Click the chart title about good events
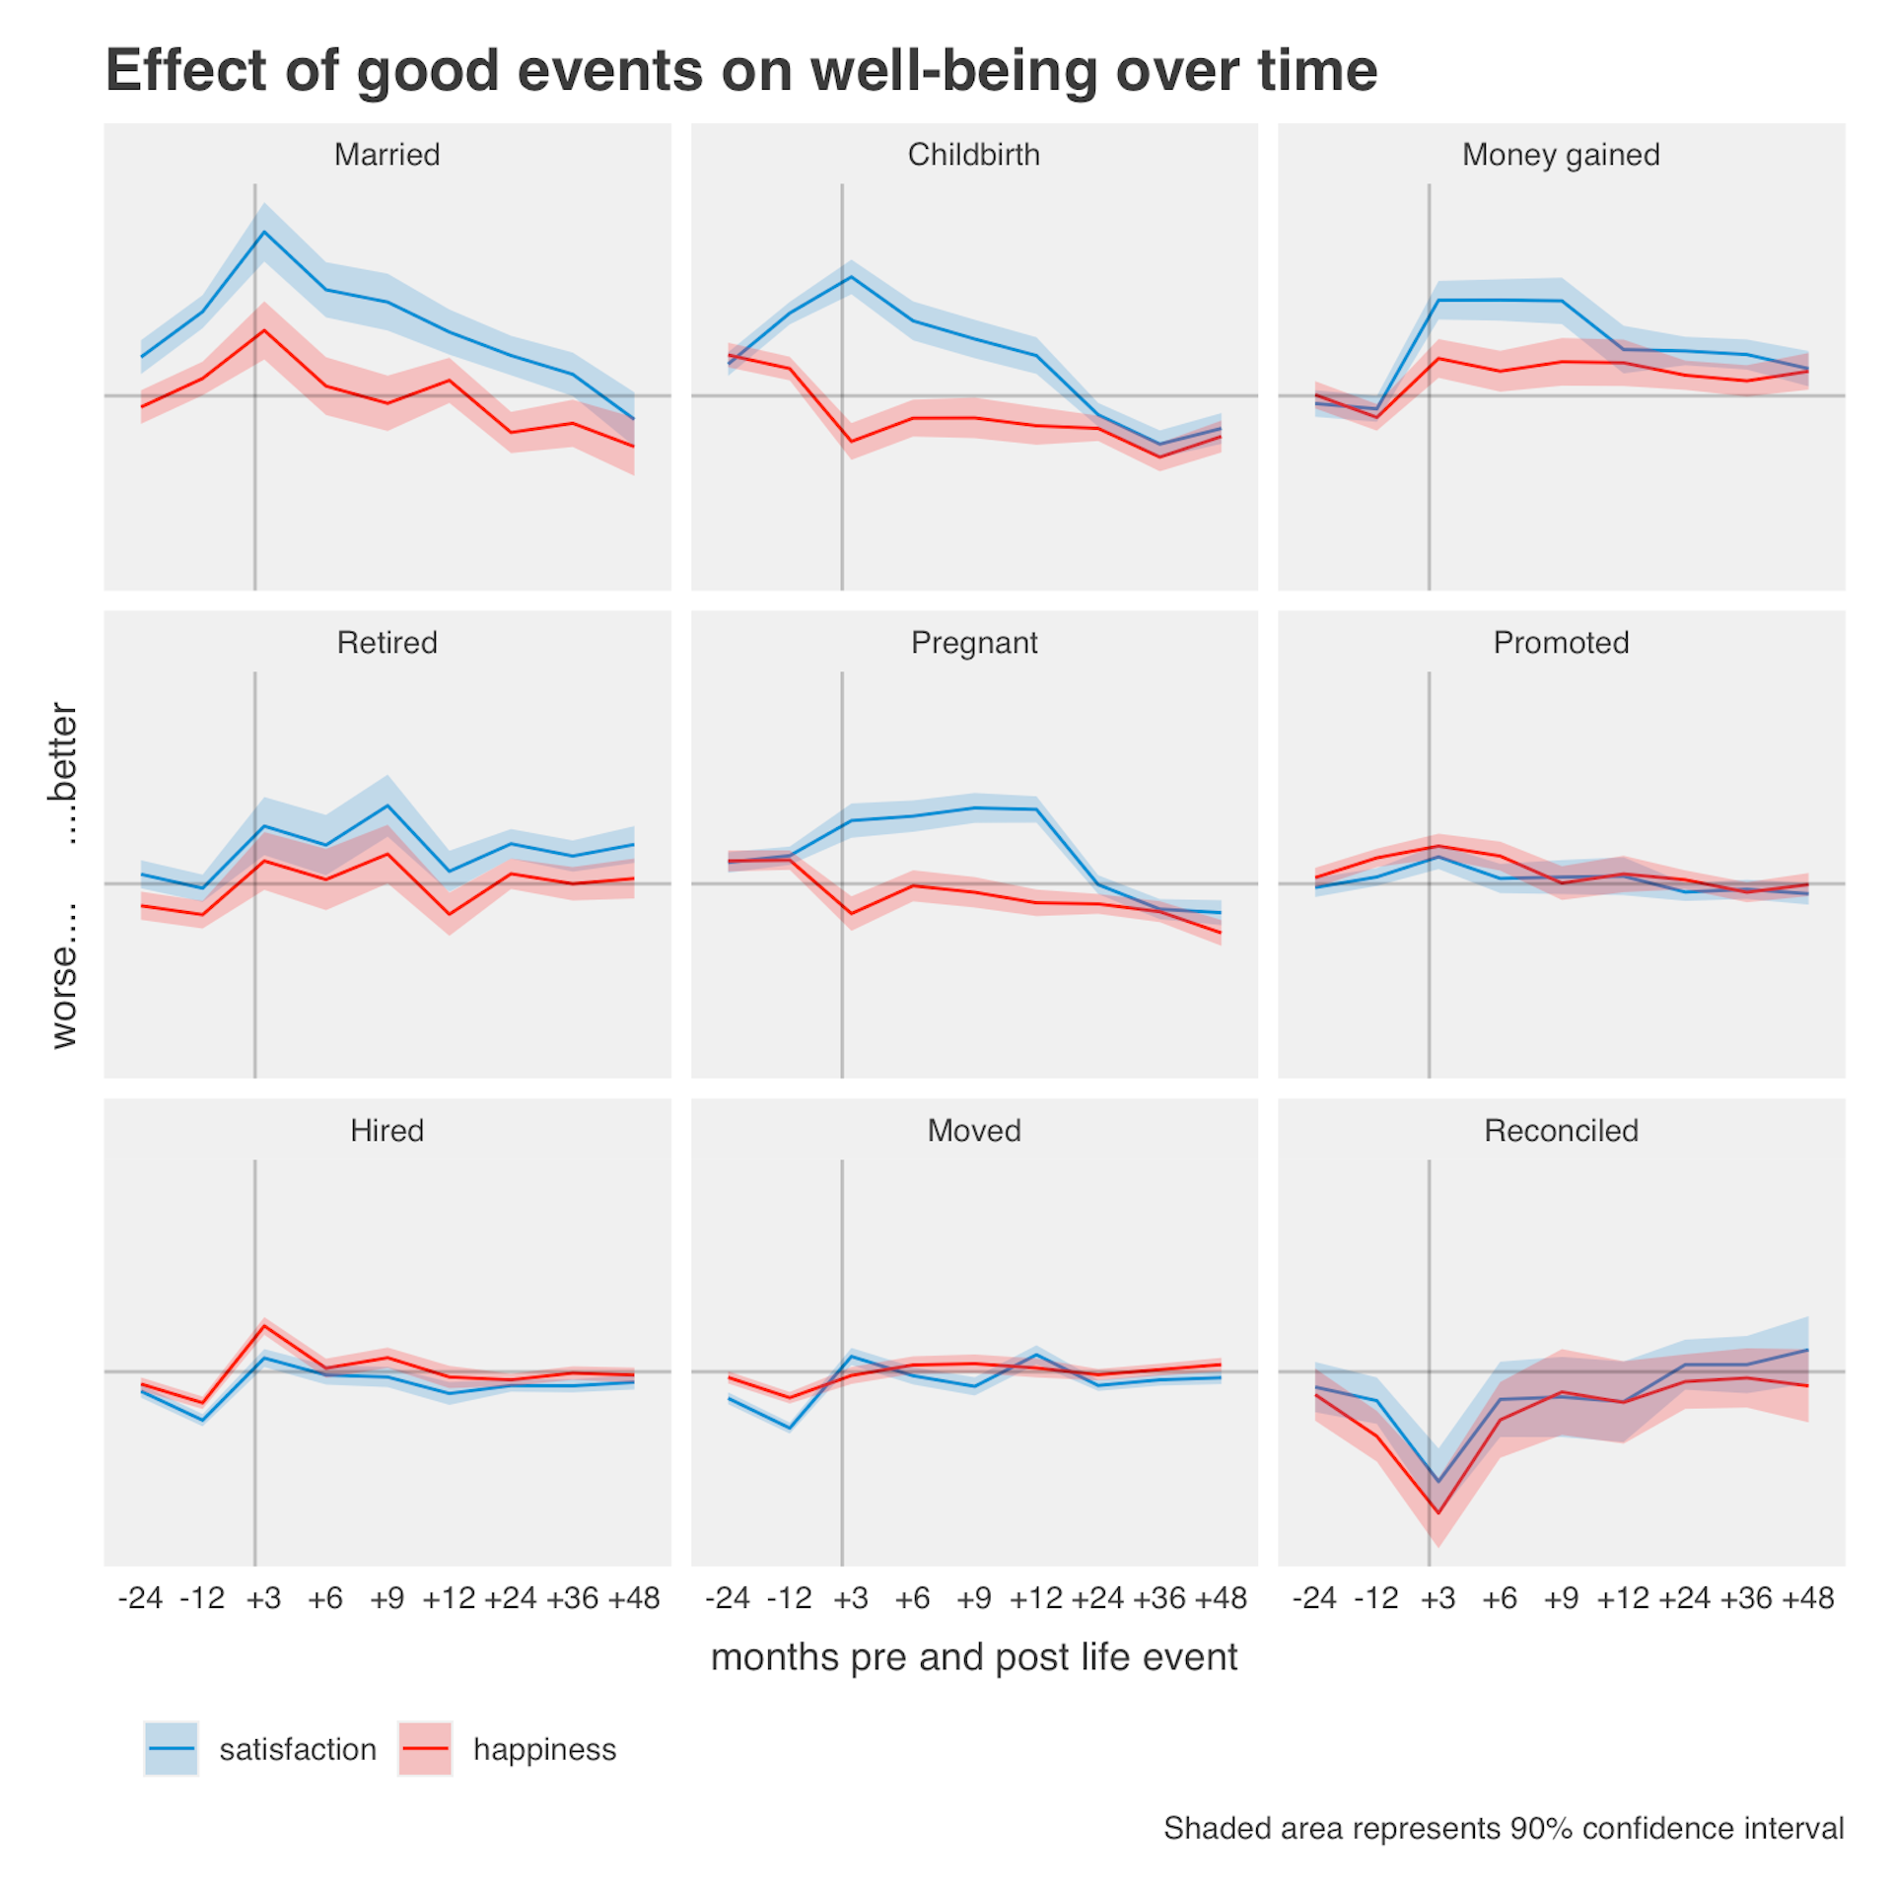point(740,71)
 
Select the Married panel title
point(386,155)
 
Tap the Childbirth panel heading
point(973,155)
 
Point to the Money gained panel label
point(1560,155)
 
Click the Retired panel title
point(386,643)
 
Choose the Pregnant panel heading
point(973,643)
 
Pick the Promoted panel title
point(1560,643)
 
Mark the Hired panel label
point(386,1130)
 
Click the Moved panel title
point(973,1130)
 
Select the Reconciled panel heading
point(1560,1130)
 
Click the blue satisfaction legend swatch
point(172,1749)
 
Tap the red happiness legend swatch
point(425,1749)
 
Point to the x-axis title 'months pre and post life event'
point(973,1657)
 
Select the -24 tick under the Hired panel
point(140,1598)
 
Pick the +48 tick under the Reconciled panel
point(1807,1598)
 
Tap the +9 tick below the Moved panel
point(973,1598)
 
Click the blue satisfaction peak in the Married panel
point(264,233)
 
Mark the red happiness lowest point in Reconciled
point(1438,1513)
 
